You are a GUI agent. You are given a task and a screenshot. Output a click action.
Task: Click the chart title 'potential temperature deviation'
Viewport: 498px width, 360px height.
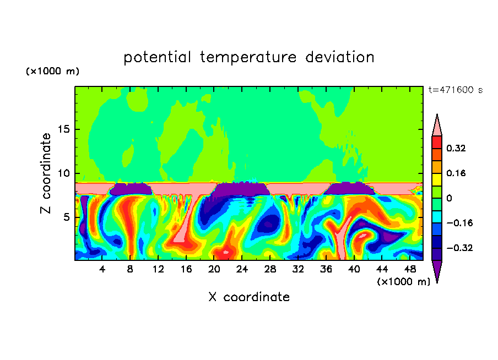(248, 57)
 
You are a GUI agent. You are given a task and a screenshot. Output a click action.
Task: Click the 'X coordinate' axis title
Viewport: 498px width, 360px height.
(248, 297)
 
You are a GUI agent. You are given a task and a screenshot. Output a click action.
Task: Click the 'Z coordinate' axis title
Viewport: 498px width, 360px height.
(46, 173)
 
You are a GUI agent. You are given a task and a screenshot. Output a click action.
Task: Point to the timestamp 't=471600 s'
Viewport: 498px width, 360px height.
(455, 90)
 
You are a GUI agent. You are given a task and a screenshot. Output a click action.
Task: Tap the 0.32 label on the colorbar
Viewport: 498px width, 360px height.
(456, 148)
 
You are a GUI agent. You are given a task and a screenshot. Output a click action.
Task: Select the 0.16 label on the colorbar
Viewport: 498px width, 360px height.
(456, 173)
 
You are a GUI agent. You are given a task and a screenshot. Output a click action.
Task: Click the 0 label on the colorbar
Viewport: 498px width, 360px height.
(449, 198)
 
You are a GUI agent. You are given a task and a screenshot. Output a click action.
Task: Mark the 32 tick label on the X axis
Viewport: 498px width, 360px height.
(298, 269)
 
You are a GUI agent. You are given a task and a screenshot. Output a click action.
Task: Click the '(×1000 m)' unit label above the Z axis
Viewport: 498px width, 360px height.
(53, 72)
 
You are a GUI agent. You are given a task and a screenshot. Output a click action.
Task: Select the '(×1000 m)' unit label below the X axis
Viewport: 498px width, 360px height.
(403, 282)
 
